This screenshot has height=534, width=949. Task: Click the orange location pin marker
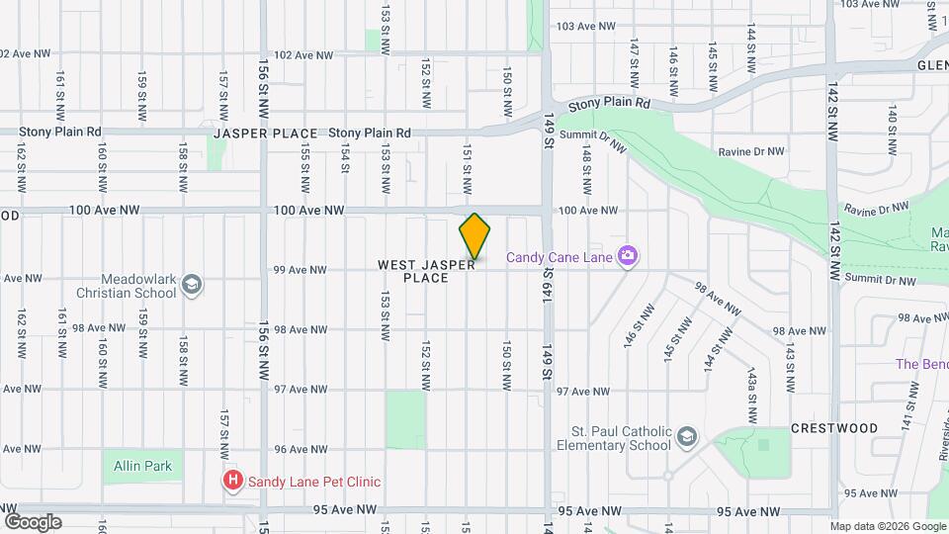pyautogui.click(x=474, y=235)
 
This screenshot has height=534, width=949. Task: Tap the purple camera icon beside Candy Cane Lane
pyautogui.click(x=627, y=256)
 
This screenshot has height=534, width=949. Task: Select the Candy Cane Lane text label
pyautogui.click(x=560, y=257)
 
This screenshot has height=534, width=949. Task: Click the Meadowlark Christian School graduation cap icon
pyautogui.click(x=192, y=286)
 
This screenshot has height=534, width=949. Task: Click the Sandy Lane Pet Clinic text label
pyautogui.click(x=313, y=482)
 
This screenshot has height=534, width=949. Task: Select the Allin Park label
pyautogui.click(x=142, y=466)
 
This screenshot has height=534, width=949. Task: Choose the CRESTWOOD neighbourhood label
pyautogui.click(x=834, y=428)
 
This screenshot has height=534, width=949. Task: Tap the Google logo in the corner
pyautogui.click(x=33, y=521)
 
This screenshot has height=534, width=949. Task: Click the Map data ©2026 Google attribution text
pyautogui.click(x=887, y=526)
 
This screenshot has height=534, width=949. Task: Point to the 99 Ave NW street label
pyautogui.click(x=301, y=269)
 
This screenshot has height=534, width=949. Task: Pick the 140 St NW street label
pyautogui.click(x=892, y=130)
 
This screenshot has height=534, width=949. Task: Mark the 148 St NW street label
pyautogui.click(x=586, y=169)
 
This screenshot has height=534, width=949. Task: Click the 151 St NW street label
pyautogui.click(x=466, y=164)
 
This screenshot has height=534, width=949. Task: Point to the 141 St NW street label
pyautogui.click(x=905, y=420)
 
